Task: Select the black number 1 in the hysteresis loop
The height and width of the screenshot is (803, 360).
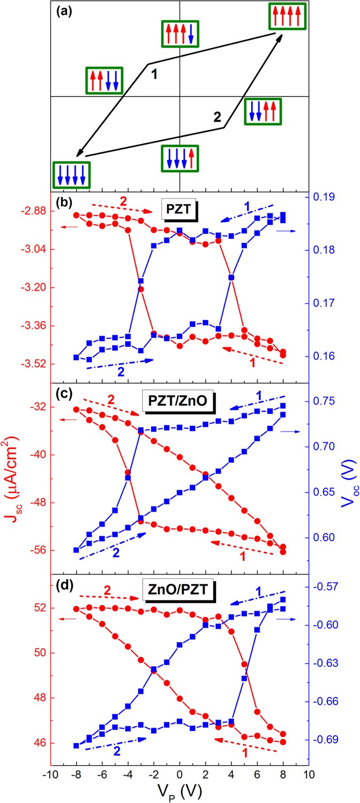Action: (x=154, y=74)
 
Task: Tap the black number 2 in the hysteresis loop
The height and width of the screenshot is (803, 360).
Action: (x=217, y=117)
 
